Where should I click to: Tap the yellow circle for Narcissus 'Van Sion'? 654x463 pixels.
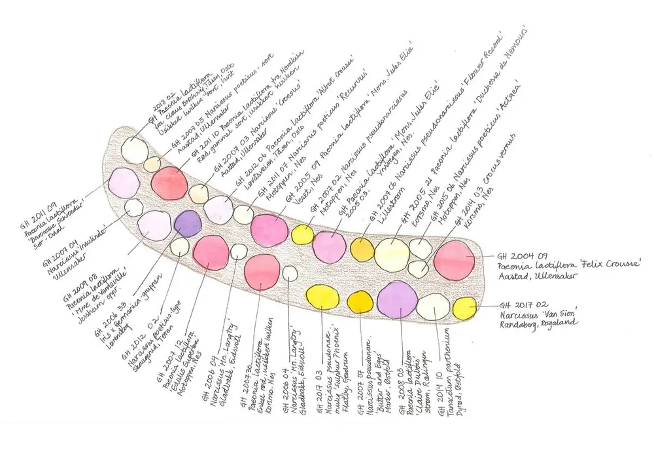pos(465,308)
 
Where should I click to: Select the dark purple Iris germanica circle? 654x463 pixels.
pos(188,224)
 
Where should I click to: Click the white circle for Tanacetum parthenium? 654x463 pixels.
pos(432,306)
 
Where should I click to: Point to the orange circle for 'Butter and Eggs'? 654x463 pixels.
pos(359,301)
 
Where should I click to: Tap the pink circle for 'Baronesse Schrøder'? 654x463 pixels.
pos(124,182)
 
